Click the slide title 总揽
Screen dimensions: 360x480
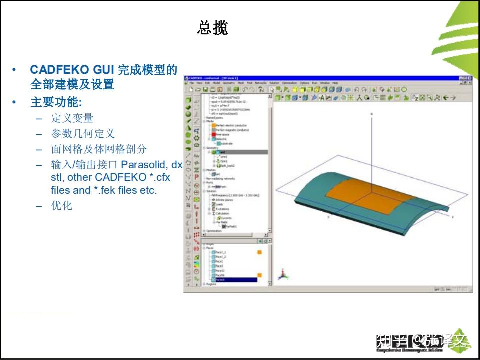[x=213, y=28]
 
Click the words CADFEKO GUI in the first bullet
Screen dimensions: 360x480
[x=72, y=69]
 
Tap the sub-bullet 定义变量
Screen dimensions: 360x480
[x=72, y=118]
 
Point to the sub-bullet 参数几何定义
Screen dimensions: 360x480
[x=82, y=134]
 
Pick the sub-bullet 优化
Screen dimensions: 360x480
[x=61, y=206]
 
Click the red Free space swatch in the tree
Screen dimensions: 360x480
[x=213, y=134]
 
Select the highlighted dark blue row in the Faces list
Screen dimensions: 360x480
[x=234, y=280]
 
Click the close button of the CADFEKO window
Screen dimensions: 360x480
[x=469, y=78]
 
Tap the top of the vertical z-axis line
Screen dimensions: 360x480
[x=371, y=114]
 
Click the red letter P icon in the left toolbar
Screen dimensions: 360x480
[x=196, y=177]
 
